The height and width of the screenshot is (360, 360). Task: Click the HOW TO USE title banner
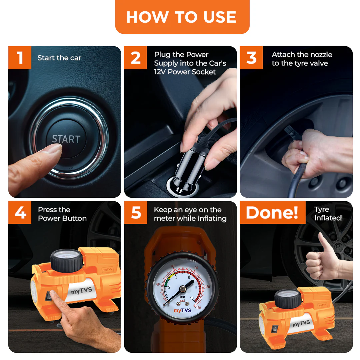point(182,17)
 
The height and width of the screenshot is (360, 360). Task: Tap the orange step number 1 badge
point(20,57)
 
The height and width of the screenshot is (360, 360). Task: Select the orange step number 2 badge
point(135,57)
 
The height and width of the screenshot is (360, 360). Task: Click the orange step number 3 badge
point(251,57)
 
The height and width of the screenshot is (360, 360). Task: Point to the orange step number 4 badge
point(20,212)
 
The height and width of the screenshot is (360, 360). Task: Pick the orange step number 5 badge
point(136,212)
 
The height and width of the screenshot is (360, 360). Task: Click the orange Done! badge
point(273,212)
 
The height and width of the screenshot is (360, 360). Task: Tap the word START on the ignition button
point(66,139)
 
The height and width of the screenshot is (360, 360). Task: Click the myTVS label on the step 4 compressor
point(81,291)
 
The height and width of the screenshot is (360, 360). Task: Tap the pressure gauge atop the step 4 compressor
point(66,261)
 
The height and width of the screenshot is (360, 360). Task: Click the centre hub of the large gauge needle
point(183,289)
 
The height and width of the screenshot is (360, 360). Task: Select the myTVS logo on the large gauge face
point(182,311)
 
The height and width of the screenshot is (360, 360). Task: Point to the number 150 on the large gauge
point(198,307)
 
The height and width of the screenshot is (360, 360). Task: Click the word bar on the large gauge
point(183,297)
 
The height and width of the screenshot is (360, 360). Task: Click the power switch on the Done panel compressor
point(275,329)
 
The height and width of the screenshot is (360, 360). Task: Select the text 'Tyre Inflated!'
point(328,214)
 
